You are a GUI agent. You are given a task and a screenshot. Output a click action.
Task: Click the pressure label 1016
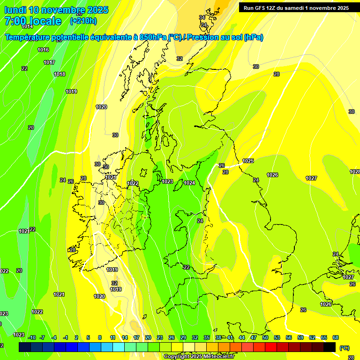[x=43, y=50]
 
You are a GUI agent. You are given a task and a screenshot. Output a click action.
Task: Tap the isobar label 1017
[x=49, y=62]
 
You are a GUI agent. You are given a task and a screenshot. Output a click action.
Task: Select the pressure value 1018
[x=60, y=74]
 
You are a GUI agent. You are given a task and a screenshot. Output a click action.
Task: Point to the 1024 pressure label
[x=189, y=183]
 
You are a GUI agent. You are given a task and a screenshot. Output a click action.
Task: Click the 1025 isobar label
[x=248, y=161]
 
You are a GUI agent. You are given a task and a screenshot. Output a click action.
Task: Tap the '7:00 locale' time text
[x=33, y=21]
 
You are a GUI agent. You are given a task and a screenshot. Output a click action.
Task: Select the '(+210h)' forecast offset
[x=83, y=21]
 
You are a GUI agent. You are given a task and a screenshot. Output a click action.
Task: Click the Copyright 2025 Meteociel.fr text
[x=199, y=356]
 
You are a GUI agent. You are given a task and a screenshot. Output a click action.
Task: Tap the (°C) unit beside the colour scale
[x=344, y=348]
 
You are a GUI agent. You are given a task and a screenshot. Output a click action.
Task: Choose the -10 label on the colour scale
[x=32, y=337]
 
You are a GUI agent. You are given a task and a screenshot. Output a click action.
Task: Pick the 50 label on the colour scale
[x=265, y=337]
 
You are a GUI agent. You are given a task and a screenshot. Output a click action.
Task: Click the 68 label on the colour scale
[x=336, y=337]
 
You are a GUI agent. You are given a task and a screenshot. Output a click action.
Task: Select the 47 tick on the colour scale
[x=253, y=337]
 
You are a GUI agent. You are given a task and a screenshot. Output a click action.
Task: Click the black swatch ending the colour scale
[x=330, y=347]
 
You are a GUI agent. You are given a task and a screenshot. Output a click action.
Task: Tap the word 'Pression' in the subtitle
[x=202, y=37]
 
